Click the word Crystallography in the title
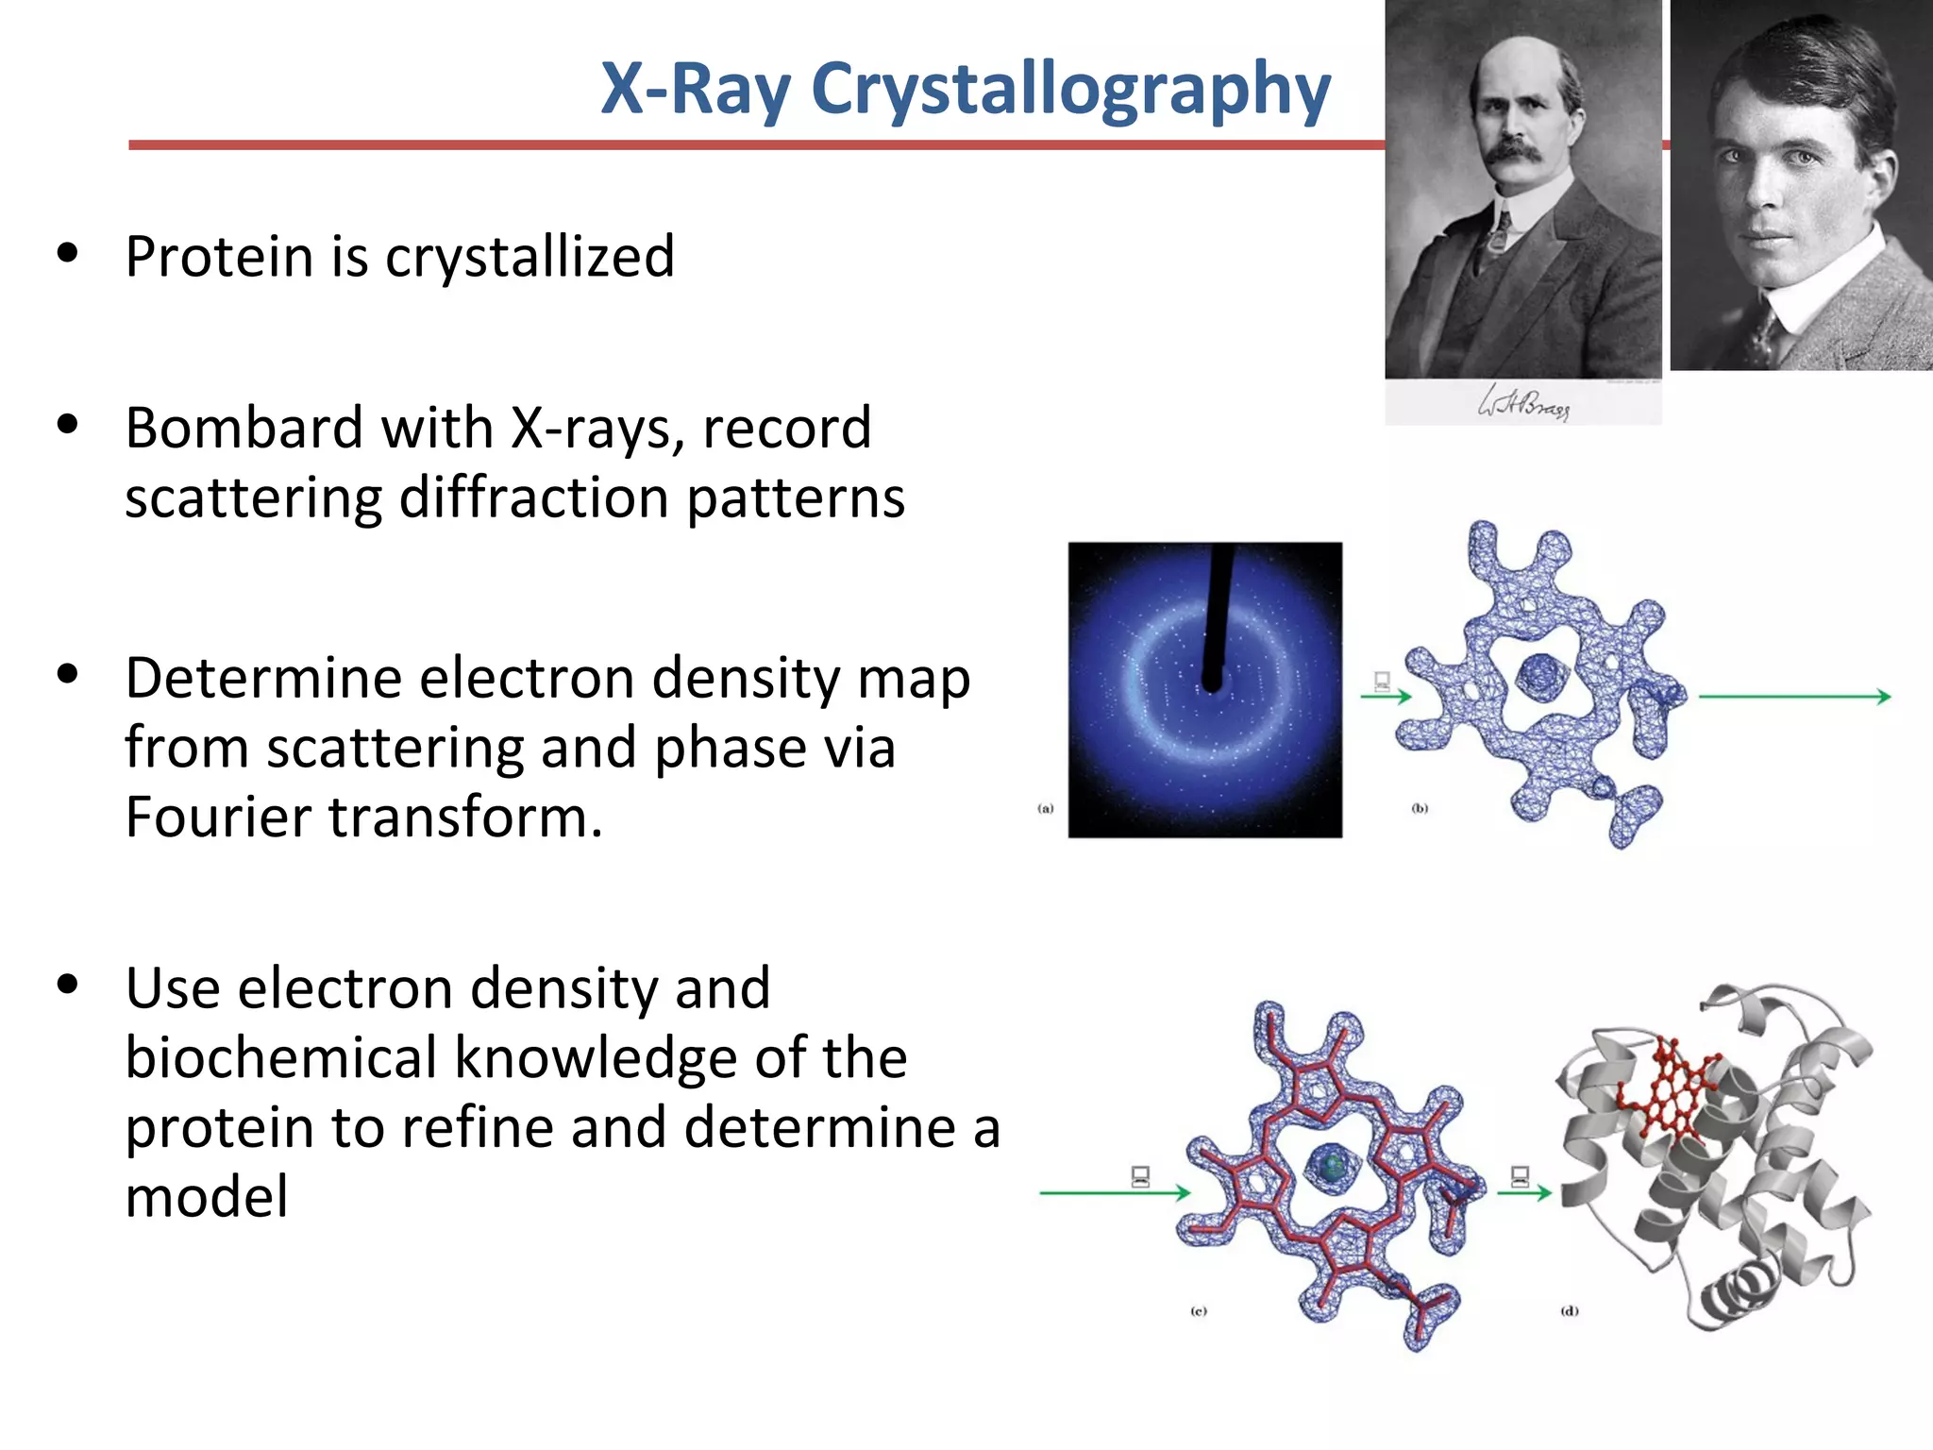pyautogui.click(x=1070, y=91)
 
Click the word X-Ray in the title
pyautogui.click(x=696, y=89)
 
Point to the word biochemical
pyautogui.click(x=280, y=1058)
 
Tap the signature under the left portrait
pyautogui.click(x=1522, y=403)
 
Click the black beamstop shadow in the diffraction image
pyautogui.click(x=1219, y=614)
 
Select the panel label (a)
pyautogui.click(x=1045, y=808)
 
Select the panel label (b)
pyautogui.click(x=1420, y=808)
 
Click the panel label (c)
pyautogui.click(x=1198, y=1311)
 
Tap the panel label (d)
pyautogui.click(x=1569, y=1311)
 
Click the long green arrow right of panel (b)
pyautogui.click(x=1793, y=697)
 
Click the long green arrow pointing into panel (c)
pyautogui.click(x=1114, y=1193)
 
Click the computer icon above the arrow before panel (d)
pyautogui.click(x=1520, y=1176)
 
